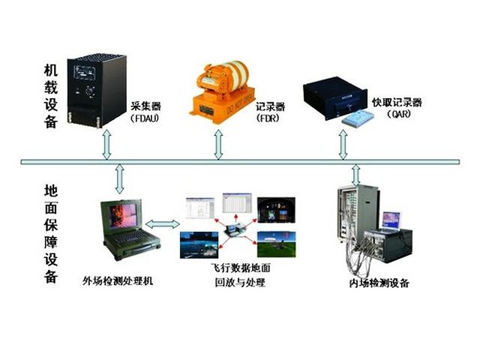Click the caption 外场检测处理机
click(x=118, y=281)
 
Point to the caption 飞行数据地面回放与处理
click(x=239, y=275)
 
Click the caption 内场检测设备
click(x=379, y=283)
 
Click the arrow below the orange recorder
click(x=218, y=144)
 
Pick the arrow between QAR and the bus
click(x=343, y=145)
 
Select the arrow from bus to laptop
click(x=120, y=178)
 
